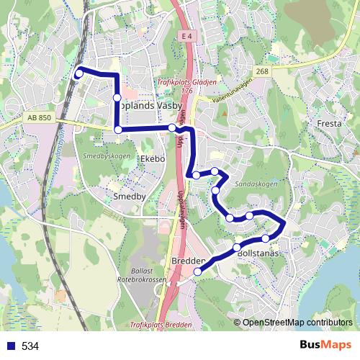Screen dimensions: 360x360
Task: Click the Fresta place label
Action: click(329, 124)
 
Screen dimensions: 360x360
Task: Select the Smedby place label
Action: click(130, 195)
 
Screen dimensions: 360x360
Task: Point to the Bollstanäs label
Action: click(257, 254)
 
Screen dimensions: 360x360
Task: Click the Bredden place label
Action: click(189, 261)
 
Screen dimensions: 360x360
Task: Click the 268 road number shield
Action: click(261, 71)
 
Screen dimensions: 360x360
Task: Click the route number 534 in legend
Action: click(30, 346)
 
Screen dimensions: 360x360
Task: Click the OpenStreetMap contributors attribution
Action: click(297, 322)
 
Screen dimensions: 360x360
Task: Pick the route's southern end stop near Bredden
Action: click(197, 271)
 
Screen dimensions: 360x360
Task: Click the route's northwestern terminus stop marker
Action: click(78, 73)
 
